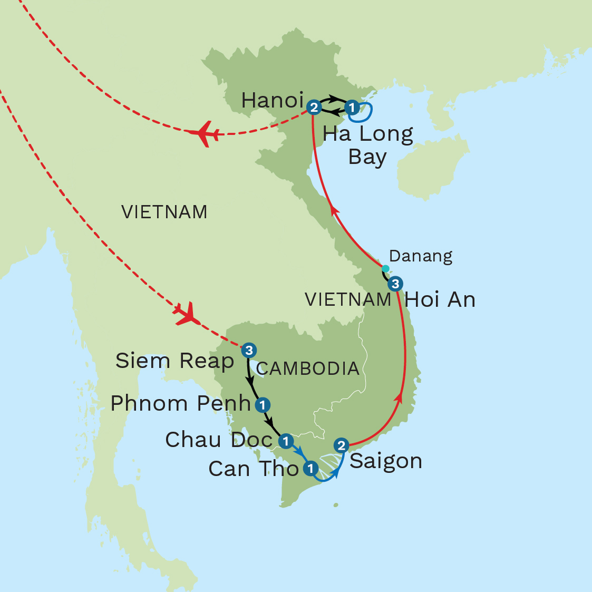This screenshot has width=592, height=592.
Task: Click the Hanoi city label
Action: (x=272, y=100)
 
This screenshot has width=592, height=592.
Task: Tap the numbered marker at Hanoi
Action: (x=313, y=108)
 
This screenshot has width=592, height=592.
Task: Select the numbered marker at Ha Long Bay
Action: (x=352, y=108)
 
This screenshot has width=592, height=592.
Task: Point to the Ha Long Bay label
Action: (x=367, y=145)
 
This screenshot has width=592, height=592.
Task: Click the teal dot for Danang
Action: (x=385, y=269)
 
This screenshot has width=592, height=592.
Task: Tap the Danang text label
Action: (x=421, y=256)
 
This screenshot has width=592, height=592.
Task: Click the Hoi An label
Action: (x=440, y=299)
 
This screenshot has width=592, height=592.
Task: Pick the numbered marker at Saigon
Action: (x=342, y=445)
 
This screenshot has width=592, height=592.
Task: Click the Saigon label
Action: (x=386, y=461)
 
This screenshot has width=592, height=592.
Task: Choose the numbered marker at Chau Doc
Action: (x=285, y=441)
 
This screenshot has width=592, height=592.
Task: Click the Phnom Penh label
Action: (x=180, y=403)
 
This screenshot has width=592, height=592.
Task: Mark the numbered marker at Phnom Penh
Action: (x=262, y=405)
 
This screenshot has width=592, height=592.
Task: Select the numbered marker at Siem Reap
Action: (x=249, y=350)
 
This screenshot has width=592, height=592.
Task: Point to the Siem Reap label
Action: (x=174, y=361)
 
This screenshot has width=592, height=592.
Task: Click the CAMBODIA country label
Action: (x=308, y=368)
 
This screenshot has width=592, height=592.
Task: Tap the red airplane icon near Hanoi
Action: (x=203, y=133)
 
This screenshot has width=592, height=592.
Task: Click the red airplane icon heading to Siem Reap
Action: (x=187, y=314)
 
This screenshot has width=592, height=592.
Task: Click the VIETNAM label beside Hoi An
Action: (x=348, y=299)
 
